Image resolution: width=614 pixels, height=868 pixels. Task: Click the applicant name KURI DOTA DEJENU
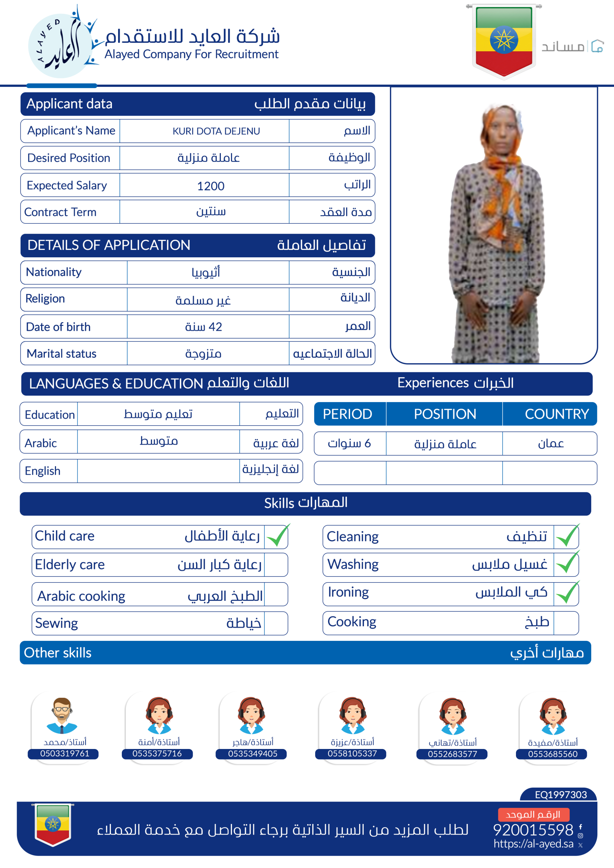tap(216, 131)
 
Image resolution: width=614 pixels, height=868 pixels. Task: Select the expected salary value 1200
tap(211, 186)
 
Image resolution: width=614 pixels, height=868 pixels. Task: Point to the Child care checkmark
tap(277, 536)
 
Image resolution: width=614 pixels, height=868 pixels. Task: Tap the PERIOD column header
tap(347, 414)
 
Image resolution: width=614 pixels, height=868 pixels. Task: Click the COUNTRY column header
tap(556, 414)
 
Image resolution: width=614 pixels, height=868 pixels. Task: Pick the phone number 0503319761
tap(65, 753)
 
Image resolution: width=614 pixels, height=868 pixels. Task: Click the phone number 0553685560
tap(553, 754)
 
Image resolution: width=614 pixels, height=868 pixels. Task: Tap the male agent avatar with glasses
tap(62, 715)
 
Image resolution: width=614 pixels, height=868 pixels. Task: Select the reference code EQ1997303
tap(561, 795)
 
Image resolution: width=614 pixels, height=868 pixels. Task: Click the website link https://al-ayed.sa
tap(533, 844)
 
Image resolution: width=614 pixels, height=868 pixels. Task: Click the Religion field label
tap(45, 299)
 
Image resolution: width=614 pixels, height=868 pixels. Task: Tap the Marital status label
tap(61, 354)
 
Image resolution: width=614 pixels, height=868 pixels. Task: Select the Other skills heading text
tap(58, 653)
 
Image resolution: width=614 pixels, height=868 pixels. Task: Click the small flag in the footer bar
tap(53, 824)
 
